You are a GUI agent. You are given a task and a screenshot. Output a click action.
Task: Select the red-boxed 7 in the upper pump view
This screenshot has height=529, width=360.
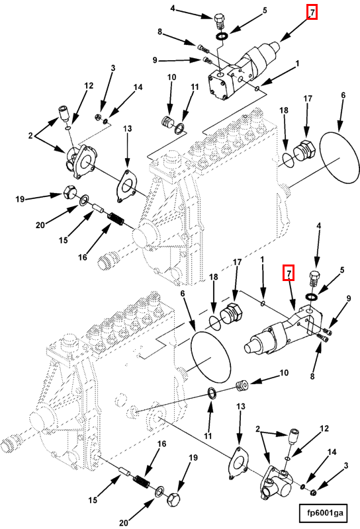[312, 13]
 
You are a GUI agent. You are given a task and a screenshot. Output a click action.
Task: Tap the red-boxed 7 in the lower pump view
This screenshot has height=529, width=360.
[289, 273]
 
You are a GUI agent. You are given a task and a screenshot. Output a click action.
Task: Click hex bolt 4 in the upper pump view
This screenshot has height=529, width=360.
[220, 22]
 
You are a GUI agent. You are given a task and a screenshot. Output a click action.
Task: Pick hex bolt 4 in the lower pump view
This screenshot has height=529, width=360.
[314, 279]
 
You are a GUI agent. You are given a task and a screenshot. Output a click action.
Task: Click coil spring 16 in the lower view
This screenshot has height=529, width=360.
[142, 482]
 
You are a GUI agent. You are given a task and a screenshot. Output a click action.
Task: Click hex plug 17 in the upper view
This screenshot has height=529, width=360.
[304, 152]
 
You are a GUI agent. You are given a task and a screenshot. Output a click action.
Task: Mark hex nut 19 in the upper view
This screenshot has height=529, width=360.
[69, 192]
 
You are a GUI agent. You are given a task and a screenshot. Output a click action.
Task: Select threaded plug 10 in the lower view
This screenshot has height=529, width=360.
[242, 386]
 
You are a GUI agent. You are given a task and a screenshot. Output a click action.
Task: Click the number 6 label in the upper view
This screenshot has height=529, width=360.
[343, 95]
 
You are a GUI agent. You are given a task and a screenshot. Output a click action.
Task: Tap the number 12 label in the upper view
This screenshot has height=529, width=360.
[89, 86]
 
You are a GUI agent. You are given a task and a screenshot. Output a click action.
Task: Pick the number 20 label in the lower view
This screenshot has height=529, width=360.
[124, 522]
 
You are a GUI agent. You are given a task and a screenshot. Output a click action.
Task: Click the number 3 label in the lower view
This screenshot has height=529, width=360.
[346, 466]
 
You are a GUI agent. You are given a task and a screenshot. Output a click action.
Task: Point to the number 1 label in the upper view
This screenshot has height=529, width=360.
[298, 63]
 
